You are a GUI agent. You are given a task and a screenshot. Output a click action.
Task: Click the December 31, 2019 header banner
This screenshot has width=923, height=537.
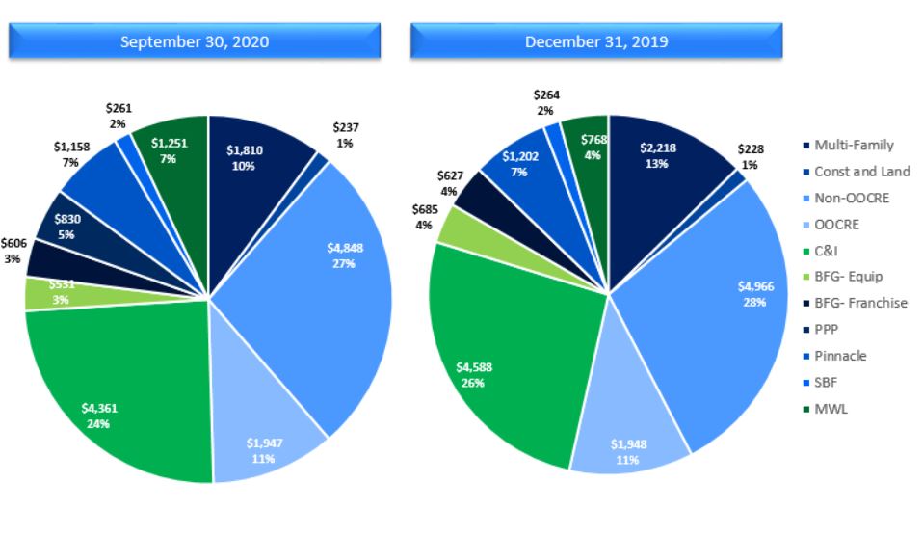click(596, 41)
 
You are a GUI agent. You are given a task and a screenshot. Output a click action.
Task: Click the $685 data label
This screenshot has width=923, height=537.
click(423, 217)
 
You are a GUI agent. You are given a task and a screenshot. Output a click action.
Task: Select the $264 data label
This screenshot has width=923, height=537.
click(545, 102)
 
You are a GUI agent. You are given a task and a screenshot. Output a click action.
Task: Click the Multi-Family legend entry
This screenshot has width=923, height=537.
click(853, 146)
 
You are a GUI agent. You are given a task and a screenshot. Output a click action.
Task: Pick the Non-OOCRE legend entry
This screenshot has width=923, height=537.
click(853, 198)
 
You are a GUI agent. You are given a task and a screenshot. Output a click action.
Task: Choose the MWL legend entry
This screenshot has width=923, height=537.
click(830, 409)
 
